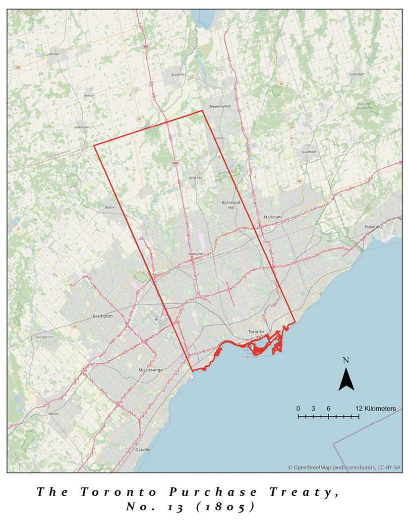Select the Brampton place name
click(x=103, y=316)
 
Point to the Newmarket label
click(x=221, y=106)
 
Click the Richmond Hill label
click(x=231, y=205)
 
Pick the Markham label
click(x=273, y=217)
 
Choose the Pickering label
click(x=373, y=227)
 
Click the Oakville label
click(x=143, y=449)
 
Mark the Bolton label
click(x=110, y=207)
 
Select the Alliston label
click(x=54, y=54)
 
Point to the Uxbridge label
click(x=356, y=74)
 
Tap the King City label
click(x=196, y=177)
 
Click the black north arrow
click(x=346, y=380)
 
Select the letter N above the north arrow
click(x=346, y=361)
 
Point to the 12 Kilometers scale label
click(x=375, y=408)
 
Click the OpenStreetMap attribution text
click(x=345, y=467)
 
